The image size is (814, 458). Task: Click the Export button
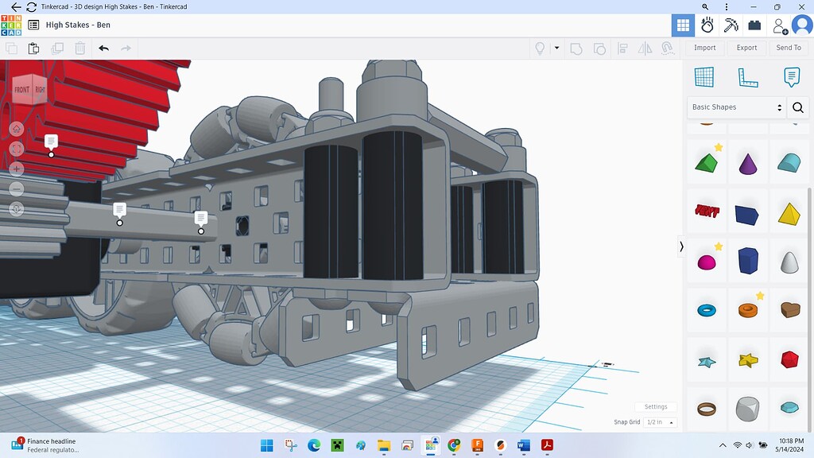pos(746,48)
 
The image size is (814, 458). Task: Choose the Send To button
pos(788,48)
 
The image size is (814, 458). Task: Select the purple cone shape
pos(748,164)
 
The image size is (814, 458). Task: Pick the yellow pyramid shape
pos(789,213)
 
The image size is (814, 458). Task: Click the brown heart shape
pos(789,310)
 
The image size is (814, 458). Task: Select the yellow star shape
pos(748,360)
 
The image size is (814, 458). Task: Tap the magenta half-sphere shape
pos(705,262)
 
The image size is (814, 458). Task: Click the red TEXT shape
pos(705,212)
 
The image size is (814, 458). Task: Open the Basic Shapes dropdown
pos(736,107)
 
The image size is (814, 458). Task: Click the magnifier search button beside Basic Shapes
pos(797,107)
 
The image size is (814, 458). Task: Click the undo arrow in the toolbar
pos(103,49)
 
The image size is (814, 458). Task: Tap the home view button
pos(17,129)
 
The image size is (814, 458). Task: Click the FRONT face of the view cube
pos(21,90)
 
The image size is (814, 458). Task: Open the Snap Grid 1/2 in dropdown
pos(661,422)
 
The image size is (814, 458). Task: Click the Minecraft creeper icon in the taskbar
pos(337,445)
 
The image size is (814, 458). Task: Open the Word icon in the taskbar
pos(523,445)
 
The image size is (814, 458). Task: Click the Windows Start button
pos(266,445)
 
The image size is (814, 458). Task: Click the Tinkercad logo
pos(11,25)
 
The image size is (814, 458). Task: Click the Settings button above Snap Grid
pos(656,407)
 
